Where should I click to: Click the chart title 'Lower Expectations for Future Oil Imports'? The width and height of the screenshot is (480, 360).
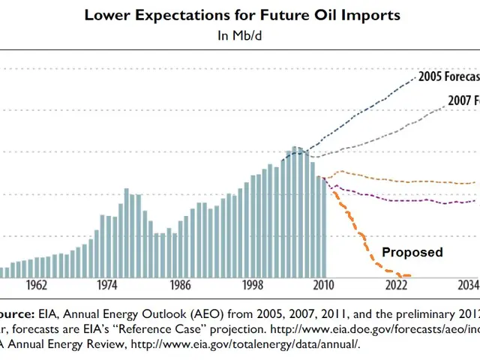(x=241, y=15)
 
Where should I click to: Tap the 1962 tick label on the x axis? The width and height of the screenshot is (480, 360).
(x=35, y=286)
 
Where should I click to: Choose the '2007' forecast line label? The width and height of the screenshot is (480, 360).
(x=463, y=100)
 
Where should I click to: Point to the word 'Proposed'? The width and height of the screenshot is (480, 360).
(x=412, y=252)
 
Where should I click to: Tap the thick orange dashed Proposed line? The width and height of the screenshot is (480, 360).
(x=352, y=225)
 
